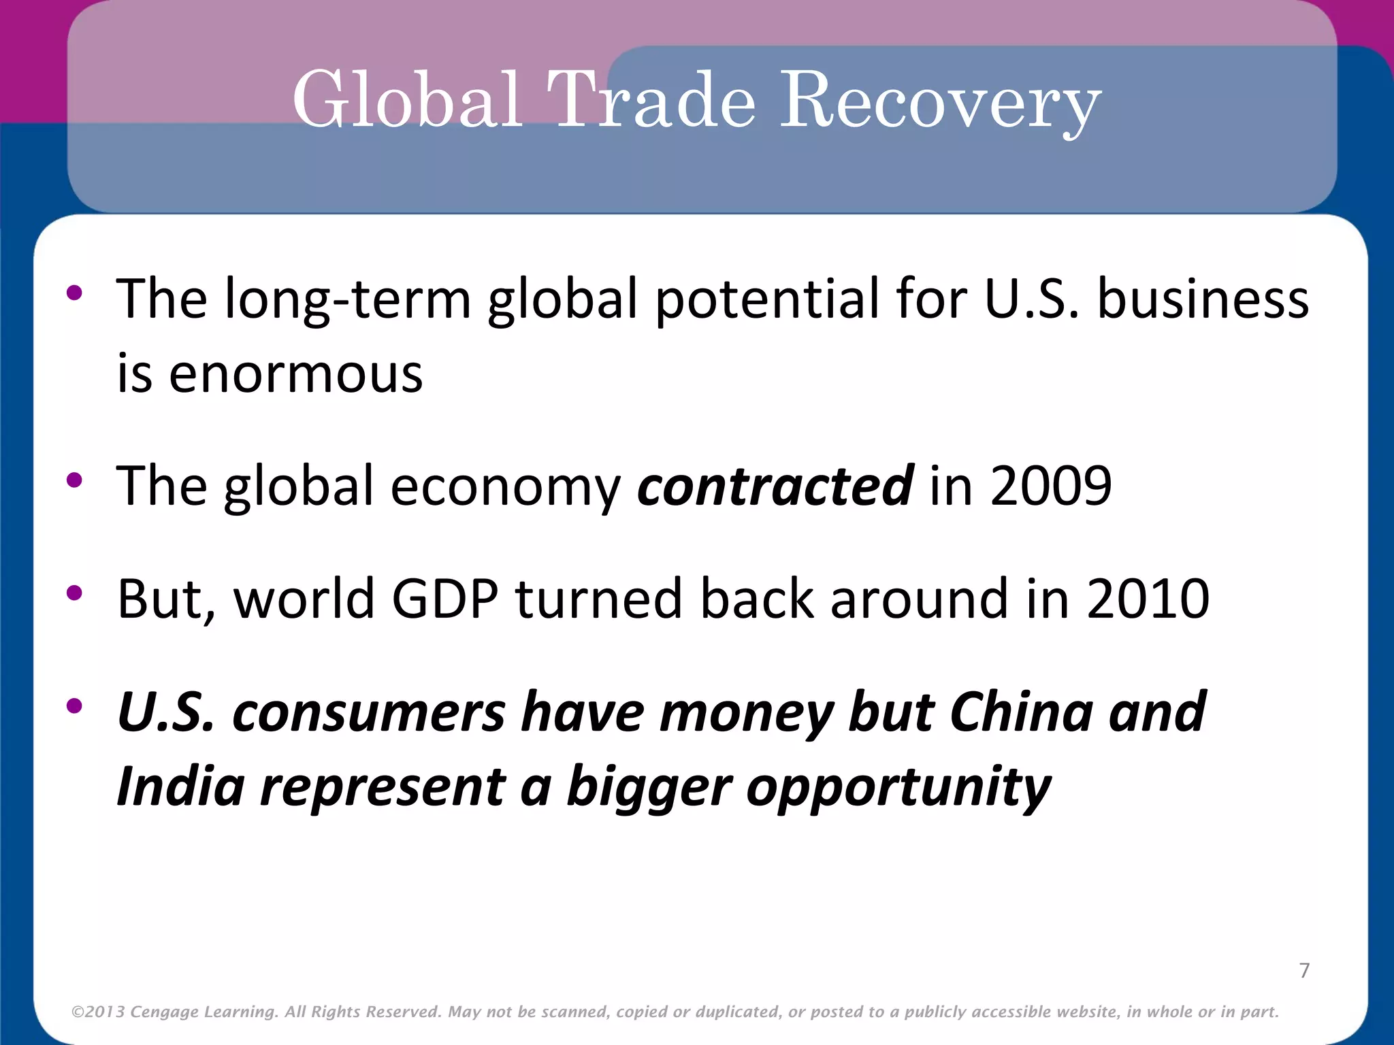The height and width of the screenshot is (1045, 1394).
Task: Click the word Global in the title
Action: (407, 101)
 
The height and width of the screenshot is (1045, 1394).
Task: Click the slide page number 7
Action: (1304, 970)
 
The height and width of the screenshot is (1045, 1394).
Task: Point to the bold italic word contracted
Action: (775, 485)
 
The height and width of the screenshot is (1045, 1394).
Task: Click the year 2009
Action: (1051, 485)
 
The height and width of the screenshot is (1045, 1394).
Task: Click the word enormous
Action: (295, 374)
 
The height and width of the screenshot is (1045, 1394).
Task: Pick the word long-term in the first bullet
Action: (348, 299)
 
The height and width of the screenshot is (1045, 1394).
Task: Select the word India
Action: (180, 786)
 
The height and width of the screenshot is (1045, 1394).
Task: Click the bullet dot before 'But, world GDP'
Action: (74, 593)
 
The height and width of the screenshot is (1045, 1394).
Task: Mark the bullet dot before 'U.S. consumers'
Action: (74, 706)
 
